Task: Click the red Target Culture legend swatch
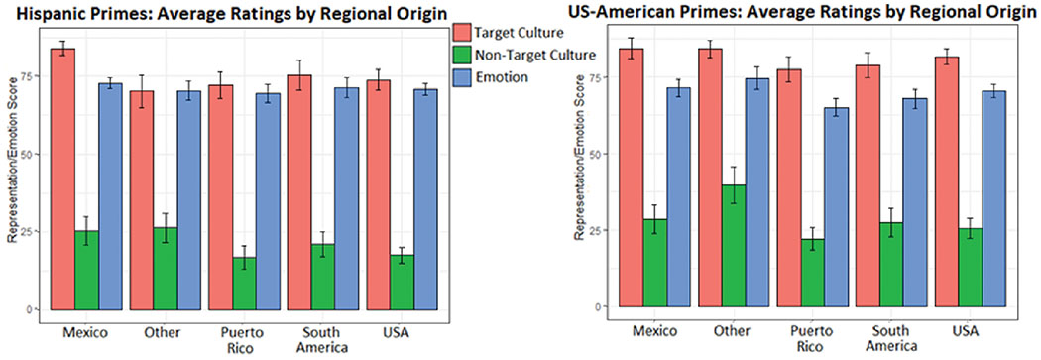pos(464,35)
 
